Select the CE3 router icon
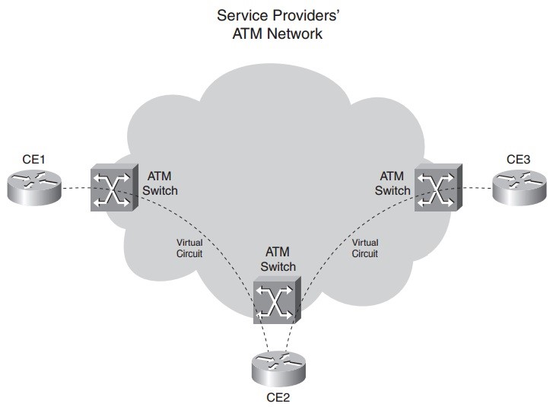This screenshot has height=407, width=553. pyautogui.click(x=518, y=187)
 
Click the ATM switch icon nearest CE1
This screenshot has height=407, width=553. pyautogui.click(x=113, y=188)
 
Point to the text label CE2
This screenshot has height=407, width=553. pyautogui.click(x=277, y=396)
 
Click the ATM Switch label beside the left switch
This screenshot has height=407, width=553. pyautogui.click(x=160, y=183)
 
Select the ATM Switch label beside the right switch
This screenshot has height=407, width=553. pyautogui.click(x=393, y=183)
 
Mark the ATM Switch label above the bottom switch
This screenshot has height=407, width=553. pyautogui.click(x=278, y=259)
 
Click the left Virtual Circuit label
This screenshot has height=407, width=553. pyautogui.click(x=186, y=248)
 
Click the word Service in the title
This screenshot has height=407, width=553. pyautogui.click(x=239, y=15)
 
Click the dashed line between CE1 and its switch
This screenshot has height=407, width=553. pyautogui.click(x=75, y=189)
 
